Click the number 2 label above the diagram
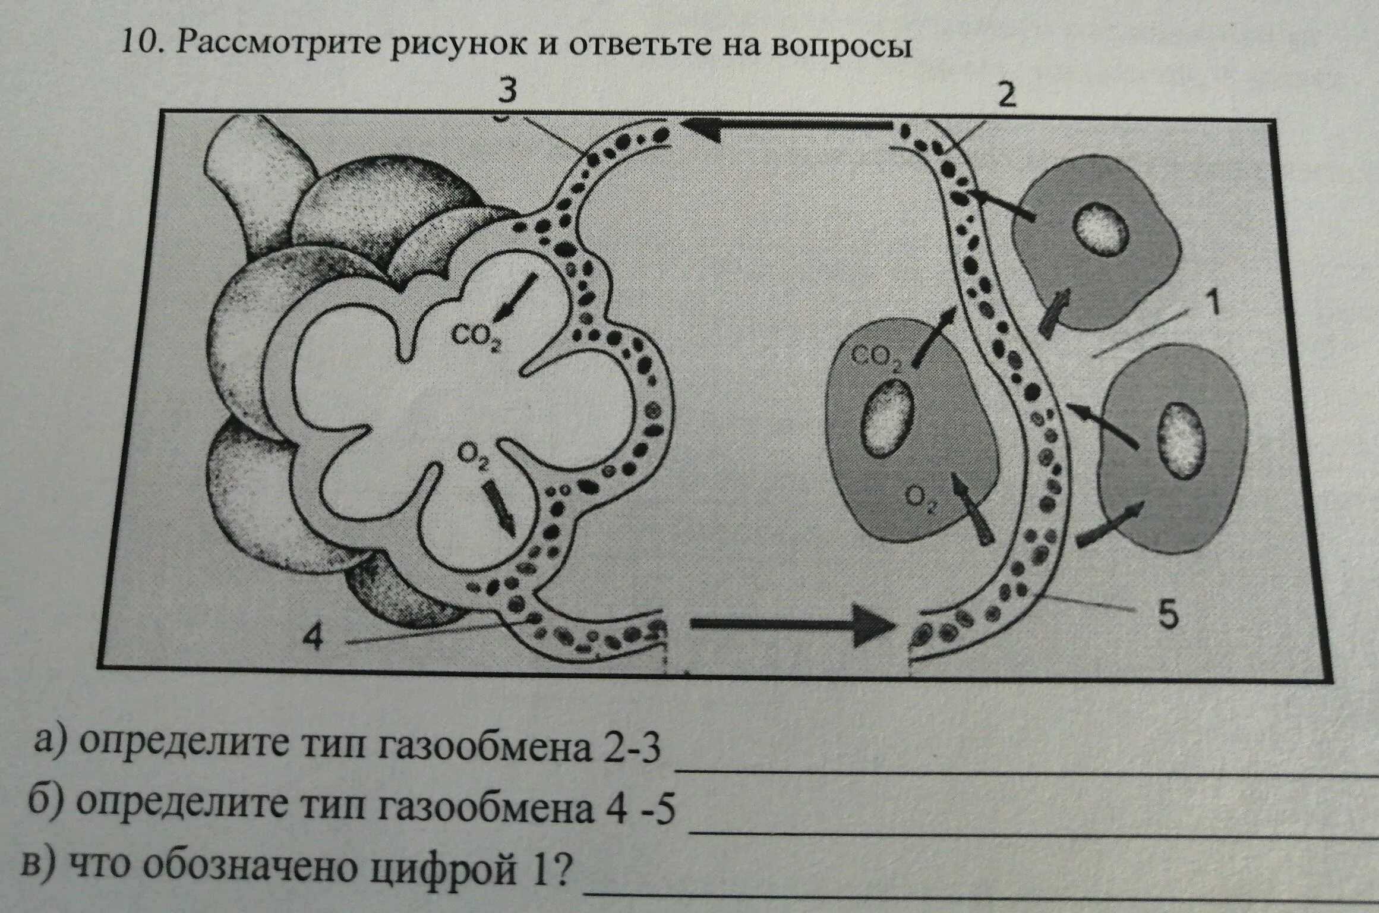pos(1006,96)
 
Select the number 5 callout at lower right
pos(1167,616)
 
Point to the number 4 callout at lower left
pos(313,640)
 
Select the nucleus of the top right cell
pos(1100,230)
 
